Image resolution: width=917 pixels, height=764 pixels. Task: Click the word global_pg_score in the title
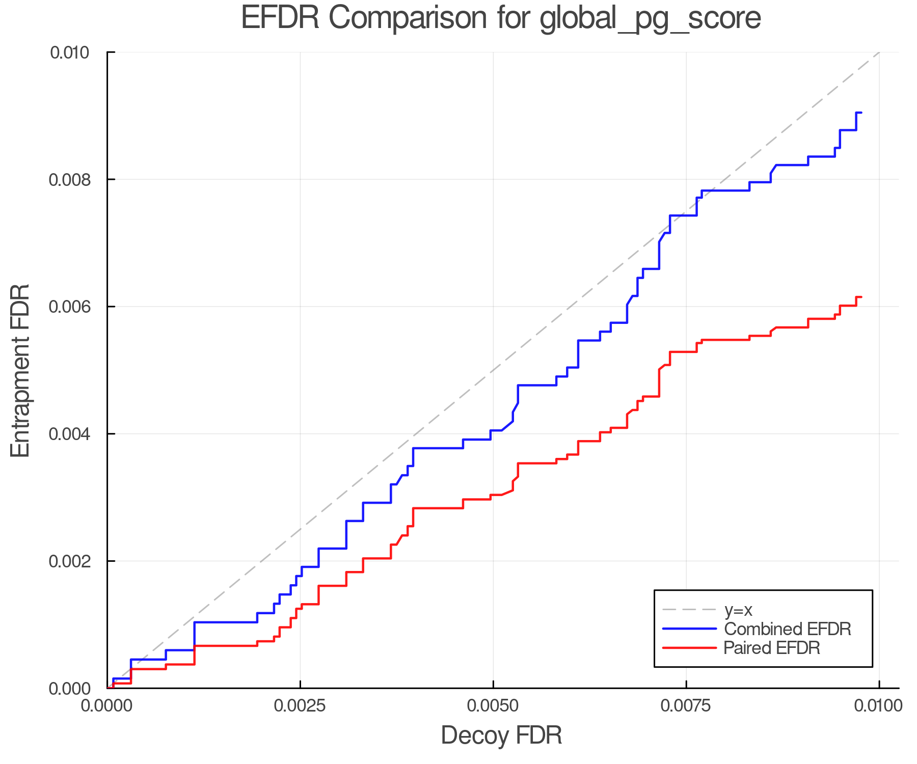(650, 19)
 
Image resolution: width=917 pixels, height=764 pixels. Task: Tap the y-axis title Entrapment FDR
(20, 370)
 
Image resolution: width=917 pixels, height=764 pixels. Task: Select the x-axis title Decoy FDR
(501, 735)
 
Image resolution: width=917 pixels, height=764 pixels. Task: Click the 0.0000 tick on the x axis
(107, 706)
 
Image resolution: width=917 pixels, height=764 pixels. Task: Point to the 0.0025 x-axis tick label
(300, 706)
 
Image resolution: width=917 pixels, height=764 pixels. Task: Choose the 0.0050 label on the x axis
(493, 706)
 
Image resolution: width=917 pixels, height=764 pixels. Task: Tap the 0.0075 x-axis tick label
(686, 706)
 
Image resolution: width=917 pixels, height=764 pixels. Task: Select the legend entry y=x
(738, 610)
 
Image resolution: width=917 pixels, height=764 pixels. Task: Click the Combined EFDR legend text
(787, 629)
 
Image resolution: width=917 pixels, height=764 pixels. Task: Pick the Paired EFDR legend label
(772, 648)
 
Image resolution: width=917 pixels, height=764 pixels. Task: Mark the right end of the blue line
(861, 112)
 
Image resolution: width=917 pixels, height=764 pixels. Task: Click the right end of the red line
(861, 297)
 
